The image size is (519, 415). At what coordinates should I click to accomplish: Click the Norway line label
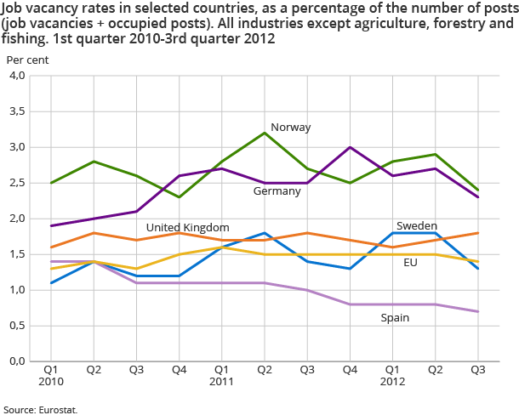coord(290,128)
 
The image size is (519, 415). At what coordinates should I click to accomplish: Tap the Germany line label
coord(277,191)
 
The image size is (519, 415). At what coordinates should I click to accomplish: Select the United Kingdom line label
coord(187,227)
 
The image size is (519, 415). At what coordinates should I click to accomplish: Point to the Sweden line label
coord(417,225)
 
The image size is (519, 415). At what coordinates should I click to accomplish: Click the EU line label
coord(410,263)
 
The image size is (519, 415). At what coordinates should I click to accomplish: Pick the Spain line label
coord(394,317)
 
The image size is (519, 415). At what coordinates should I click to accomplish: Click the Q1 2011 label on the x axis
coord(221,377)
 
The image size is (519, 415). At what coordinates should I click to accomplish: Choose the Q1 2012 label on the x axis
coord(391,377)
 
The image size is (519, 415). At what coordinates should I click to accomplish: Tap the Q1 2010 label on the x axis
coord(51,377)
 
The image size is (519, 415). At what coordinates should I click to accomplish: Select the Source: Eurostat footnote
coord(40,409)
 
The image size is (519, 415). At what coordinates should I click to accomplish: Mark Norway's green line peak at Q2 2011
coord(264,133)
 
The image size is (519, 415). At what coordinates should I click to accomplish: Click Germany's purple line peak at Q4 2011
coord(349,147)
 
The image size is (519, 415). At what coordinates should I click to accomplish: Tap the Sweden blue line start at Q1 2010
coord(51,282)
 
